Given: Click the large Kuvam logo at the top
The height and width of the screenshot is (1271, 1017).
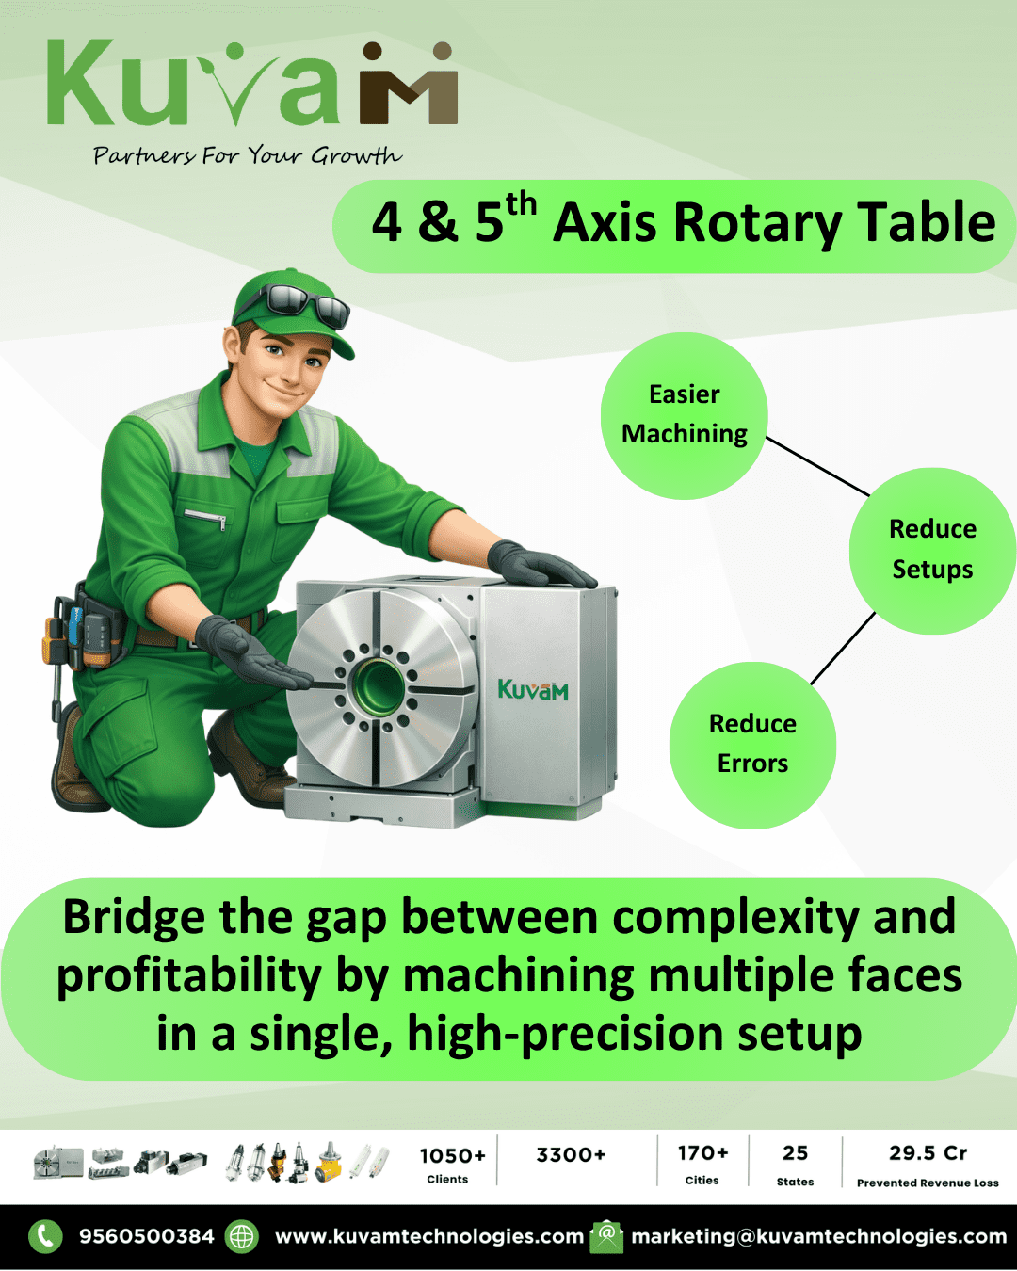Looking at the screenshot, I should tap(252, 85).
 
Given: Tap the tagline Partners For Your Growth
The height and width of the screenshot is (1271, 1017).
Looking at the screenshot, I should tap(247, 155).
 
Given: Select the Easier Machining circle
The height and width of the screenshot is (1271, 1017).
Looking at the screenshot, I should tap(685, 415).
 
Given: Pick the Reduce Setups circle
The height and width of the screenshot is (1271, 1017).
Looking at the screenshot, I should tap(932, 550).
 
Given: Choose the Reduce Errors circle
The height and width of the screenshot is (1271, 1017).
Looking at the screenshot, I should tap(752, 745).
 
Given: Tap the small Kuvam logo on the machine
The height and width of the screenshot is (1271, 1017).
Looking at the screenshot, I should tap(533, 690).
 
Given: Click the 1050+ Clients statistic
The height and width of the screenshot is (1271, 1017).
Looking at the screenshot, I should tap(452, 1164).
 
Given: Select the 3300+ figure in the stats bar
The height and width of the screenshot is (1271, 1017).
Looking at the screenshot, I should tap(571, 1155).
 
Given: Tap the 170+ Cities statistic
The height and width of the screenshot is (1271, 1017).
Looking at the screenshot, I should tap(702, 1164).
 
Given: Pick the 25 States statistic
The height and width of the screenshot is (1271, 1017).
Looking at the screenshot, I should tap(795, 1165).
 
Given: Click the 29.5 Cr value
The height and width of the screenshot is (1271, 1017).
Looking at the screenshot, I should tap(928, 1153).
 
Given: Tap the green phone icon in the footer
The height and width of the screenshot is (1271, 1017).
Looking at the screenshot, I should tap(45, 1236).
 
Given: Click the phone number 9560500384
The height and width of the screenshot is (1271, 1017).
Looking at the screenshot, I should tap(147, 1236).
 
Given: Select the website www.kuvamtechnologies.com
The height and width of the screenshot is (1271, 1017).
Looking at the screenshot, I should tap(429, 1236).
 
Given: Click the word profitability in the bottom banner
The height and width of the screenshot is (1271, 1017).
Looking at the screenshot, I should tap(188, 976).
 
